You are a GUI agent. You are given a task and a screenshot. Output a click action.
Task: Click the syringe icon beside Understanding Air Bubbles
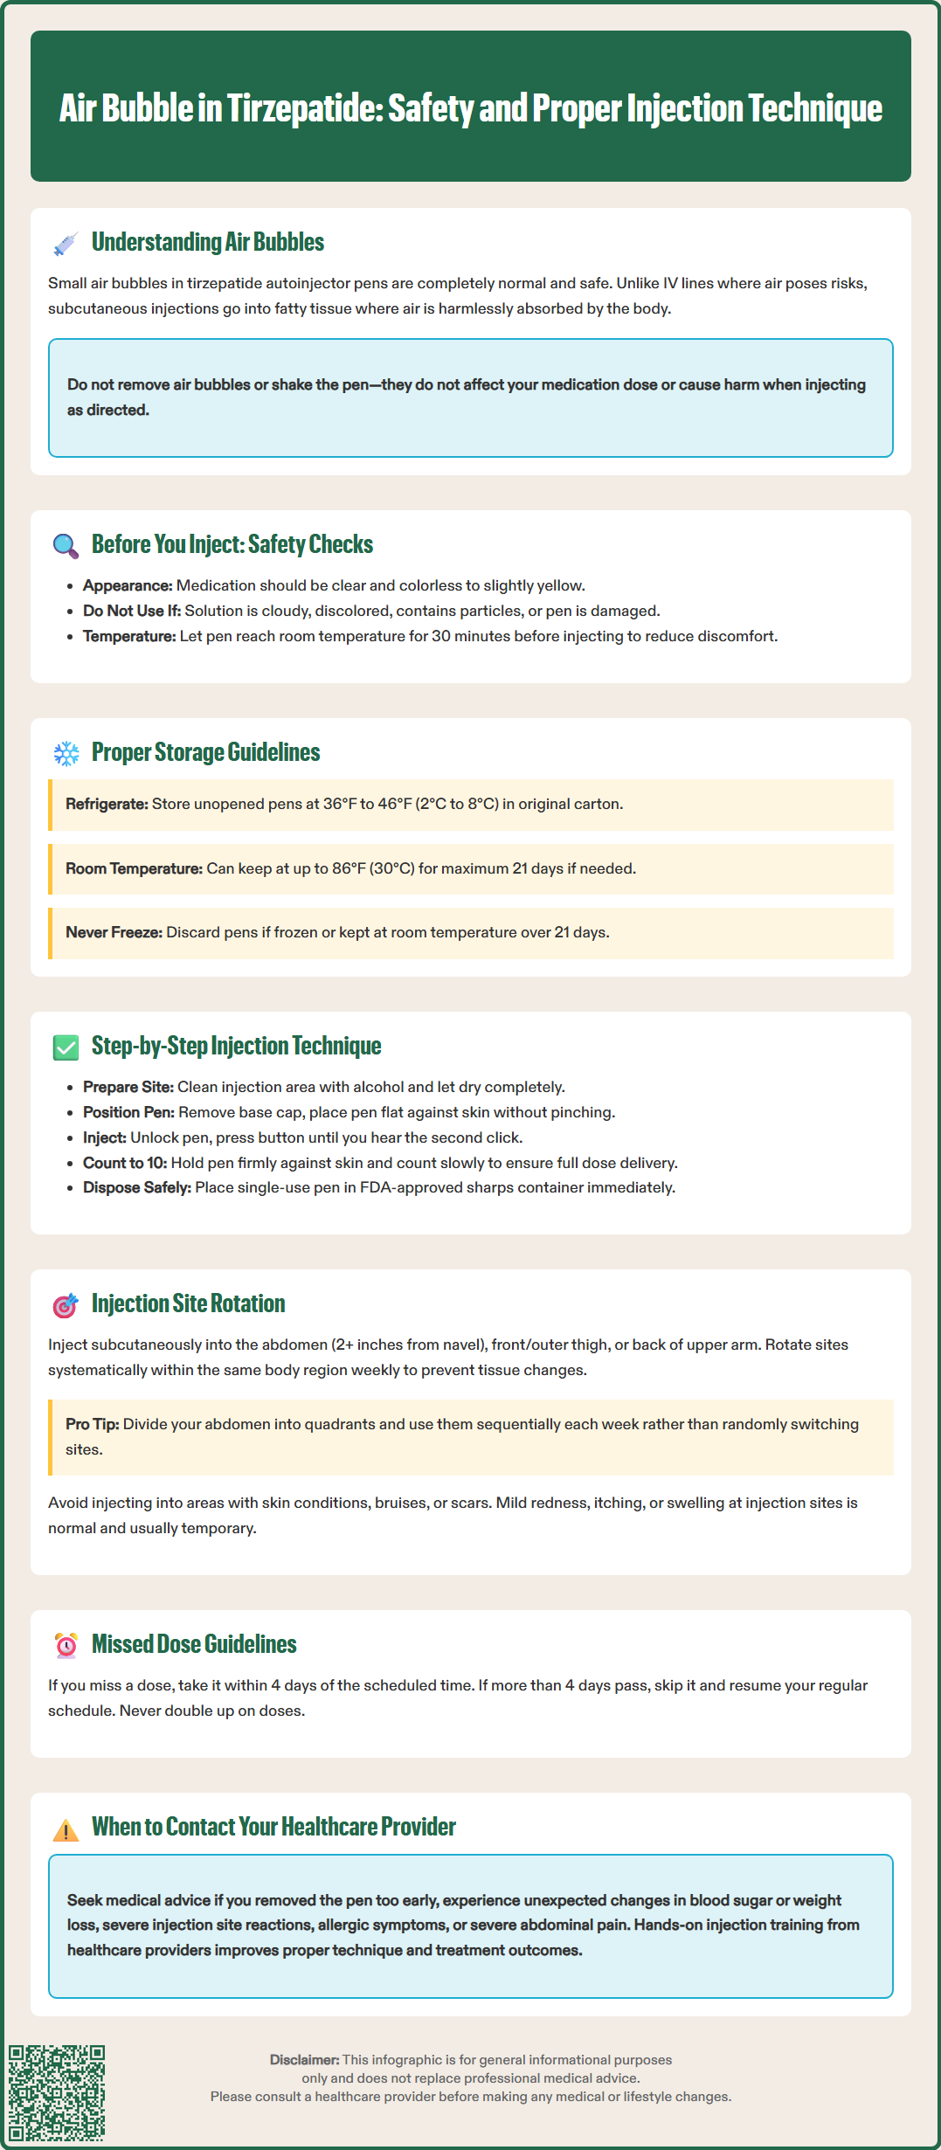coord(66,244)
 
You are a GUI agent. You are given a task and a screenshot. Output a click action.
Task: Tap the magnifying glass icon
coord(66,546)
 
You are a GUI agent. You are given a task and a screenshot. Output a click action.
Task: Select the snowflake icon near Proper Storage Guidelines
coord(66,753)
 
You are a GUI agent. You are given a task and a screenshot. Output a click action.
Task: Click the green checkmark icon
coord(66,1047)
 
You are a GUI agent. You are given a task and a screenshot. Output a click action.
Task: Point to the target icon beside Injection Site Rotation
coord(66,1305)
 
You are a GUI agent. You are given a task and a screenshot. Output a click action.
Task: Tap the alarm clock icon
coord(66,1645)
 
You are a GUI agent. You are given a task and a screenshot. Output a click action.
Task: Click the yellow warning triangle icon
coord(66,1829)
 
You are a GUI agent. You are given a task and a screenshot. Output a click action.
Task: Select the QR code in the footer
coord(57,2092)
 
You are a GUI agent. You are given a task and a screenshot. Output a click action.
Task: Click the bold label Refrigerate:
coord(107,804)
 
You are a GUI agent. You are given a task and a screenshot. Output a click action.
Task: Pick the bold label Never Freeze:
coord(114,932)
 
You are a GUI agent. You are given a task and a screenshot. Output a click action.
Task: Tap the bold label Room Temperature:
coord(134,868)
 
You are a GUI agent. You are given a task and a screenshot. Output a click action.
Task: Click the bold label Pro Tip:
coord(92,1424)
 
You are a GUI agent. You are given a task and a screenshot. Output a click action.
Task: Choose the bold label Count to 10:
coord(125,1163)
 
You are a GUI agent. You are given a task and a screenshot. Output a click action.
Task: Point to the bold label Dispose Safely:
coord(137,1187)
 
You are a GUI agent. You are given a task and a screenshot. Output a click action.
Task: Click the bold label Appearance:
coord(128,585)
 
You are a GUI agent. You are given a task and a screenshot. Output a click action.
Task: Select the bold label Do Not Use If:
coord(132,611)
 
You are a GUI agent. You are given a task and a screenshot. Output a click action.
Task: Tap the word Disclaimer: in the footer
coord(304,2060)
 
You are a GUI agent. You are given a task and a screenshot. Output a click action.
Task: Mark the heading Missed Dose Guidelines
coord(194,1644)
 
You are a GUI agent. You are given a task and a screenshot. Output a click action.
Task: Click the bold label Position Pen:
coord(128,1112)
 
